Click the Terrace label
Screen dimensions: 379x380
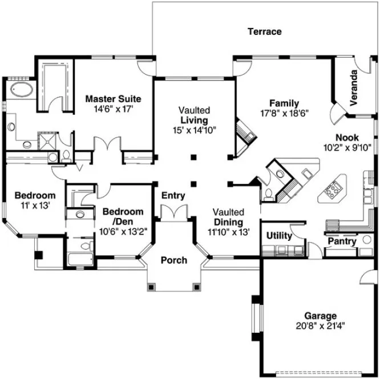pos(264,31)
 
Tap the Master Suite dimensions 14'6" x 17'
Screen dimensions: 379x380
pos(113,108)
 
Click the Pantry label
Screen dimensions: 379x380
pos(342,241)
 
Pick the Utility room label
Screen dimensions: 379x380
pos(280,235)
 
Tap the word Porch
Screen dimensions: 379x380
pos(173,260)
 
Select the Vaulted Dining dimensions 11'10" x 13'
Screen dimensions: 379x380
pos(228,232)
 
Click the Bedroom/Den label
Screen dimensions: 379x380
pos(123,216)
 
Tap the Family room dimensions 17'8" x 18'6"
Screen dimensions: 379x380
pos(284,113)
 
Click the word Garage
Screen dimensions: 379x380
pos(320,316)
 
